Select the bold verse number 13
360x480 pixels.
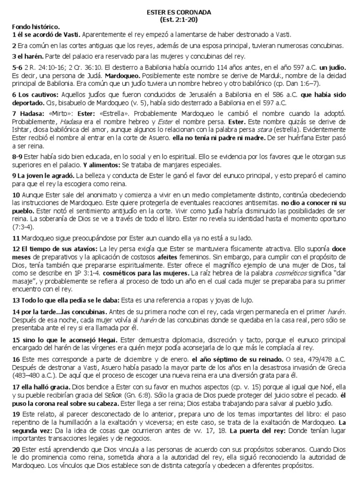[x=15, y=299]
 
